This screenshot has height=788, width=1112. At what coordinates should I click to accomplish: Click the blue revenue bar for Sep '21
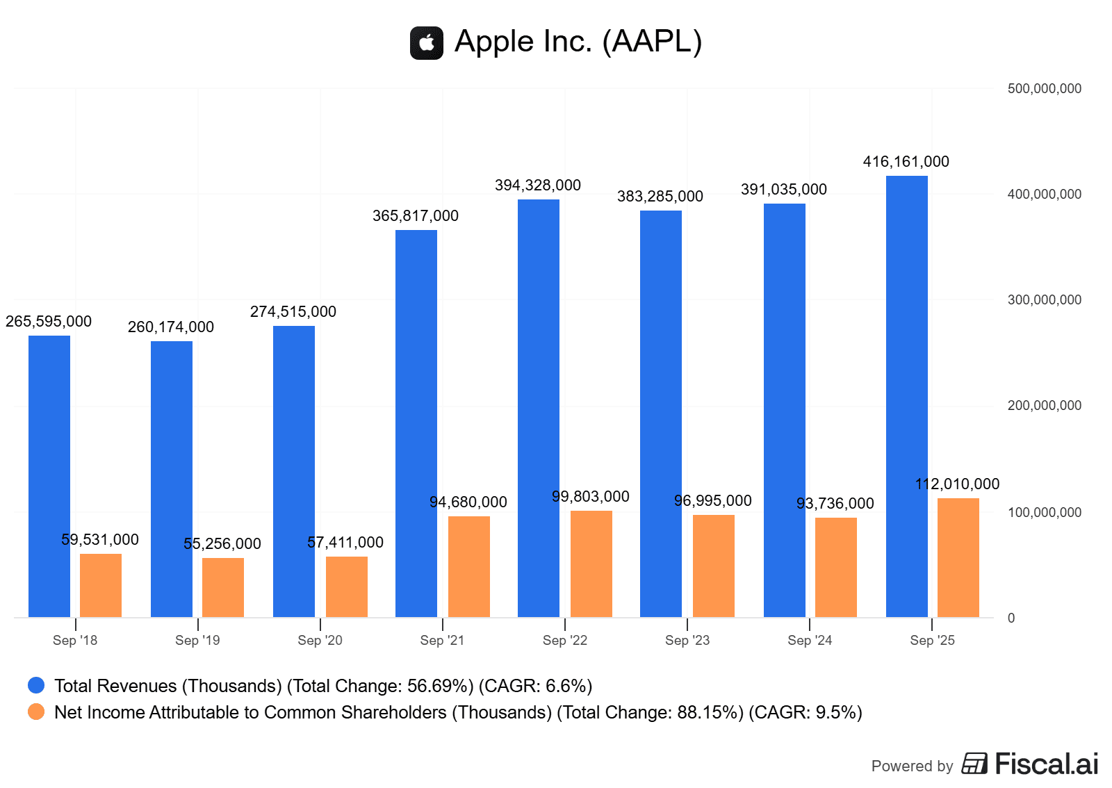tap(416, 423)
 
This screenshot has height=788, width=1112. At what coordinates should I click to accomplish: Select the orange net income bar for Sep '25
tap(958, 557)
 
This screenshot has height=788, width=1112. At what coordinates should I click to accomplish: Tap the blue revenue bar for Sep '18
tap(49, 476)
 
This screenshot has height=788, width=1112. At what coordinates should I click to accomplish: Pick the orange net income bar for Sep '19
tap(223, 587)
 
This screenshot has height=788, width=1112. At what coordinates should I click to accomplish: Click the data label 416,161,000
tap(906, 162)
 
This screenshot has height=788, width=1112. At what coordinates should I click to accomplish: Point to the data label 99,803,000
tap(590, 497)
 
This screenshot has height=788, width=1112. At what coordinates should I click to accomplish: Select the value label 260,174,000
tap(171, 327)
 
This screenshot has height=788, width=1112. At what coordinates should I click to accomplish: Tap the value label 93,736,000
tap(835, 504)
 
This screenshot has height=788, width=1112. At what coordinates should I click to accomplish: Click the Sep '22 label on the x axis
tap(564, 641)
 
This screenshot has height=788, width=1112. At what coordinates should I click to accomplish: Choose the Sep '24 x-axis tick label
tap(810, 641)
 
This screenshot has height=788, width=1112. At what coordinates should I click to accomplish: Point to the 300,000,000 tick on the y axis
tap(1044, 300)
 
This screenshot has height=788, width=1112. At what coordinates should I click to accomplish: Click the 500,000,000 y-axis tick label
tap(1044, 89)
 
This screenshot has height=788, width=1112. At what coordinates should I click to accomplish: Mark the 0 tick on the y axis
tap(1011, 618)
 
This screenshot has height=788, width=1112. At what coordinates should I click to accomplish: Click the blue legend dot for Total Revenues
tap(36, 686)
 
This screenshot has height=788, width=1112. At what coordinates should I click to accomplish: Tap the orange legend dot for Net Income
tap(36, 712)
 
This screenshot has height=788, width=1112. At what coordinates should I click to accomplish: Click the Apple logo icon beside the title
tap(427, 43)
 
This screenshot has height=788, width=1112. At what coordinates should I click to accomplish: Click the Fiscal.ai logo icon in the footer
tap(974, 764)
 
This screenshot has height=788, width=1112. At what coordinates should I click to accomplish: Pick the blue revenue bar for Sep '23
tap(661, 413)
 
